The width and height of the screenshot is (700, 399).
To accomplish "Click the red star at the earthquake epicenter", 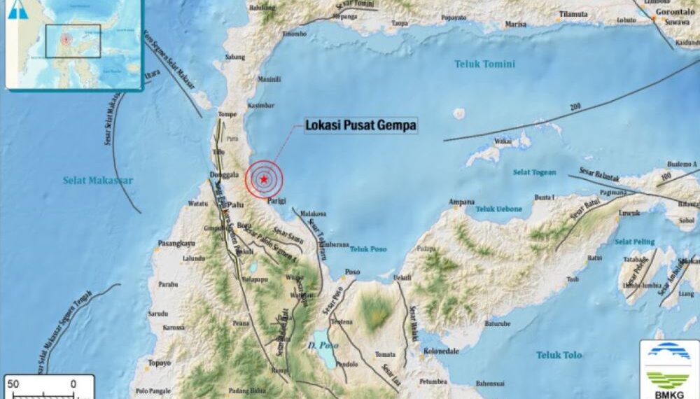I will [x=263, y=180].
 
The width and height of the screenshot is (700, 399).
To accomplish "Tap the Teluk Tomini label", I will [x=484, y=64].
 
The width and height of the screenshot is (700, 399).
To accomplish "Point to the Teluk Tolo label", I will [x=559, y=356].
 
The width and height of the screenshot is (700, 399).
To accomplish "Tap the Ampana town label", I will [x=461, y=202].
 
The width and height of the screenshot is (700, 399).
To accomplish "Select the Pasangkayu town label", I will [x=176, y=244].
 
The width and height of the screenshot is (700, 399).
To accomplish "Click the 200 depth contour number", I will [x=575, y=106].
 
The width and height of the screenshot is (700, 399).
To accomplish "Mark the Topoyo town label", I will [x=160, y=363].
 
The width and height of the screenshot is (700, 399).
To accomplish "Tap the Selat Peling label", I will [x=634, y=242].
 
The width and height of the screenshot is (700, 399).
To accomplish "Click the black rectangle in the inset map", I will [x=73, y=41].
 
